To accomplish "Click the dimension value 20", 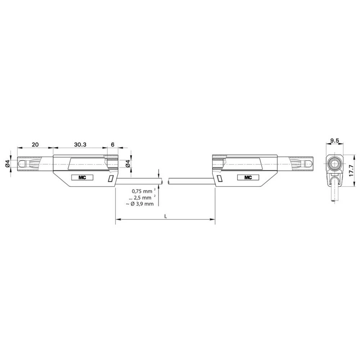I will point(35,144).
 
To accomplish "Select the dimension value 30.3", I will point(80,144).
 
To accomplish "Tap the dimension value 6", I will point(113,144).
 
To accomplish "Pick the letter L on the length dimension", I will point(165,216).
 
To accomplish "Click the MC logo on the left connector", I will point(82,177).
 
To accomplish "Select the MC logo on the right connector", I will point(248,177).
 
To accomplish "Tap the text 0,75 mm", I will point(141,191).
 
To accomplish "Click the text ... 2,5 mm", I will point(141,197).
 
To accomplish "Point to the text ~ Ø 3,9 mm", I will point(140,204).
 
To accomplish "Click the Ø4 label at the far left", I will point(8,164).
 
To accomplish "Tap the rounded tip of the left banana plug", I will point(22,164).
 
